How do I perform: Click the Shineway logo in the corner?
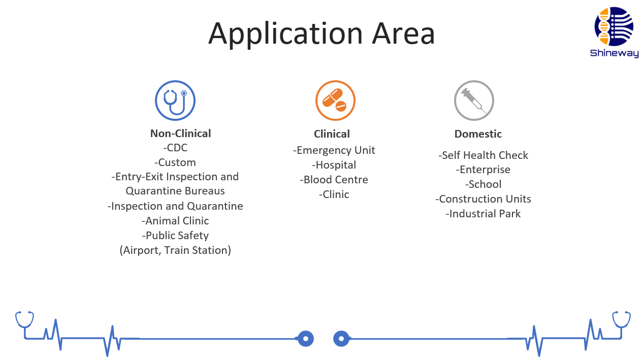(x=614, y=32)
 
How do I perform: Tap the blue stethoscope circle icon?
(x=175, y=101)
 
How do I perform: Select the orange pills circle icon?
(x=335, y=101)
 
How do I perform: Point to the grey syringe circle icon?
(x=474, y=101)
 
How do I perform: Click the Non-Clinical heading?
(x=180, y=134)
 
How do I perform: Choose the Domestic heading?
(x=478, y=134)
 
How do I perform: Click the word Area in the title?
(x=403, y=34)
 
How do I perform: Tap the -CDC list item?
(x=175, y=148)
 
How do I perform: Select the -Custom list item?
(x=175, y=162)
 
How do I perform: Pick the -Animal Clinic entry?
(x=175, y=221)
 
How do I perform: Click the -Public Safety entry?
(x=175, y=236)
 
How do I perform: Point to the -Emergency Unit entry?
(x=334, y=150)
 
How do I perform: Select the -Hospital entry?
(x=334, y=165)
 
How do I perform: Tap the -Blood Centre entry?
(x=334, y=180)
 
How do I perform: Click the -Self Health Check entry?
(x=484, y=155)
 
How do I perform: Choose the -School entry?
(x=484, y=184)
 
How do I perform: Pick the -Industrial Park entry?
(x=484, y=214)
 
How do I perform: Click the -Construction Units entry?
(x=484, y=199)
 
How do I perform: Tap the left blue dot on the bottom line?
(x=306, y=339)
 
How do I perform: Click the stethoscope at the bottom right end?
(x=621, y=320)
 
